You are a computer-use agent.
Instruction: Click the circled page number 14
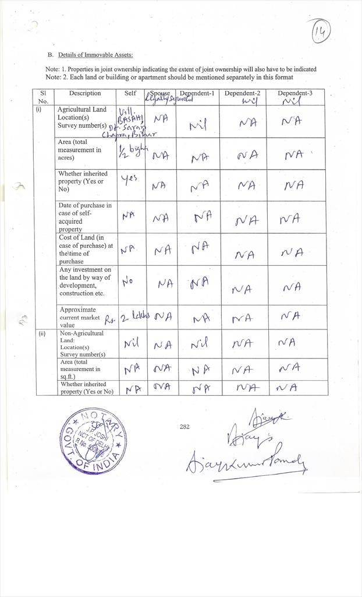coord(320,32)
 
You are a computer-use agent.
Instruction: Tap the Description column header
coord(85,93)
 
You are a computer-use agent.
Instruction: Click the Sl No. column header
coord(43,97)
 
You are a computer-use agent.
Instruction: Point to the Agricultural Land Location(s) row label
coord(82,117)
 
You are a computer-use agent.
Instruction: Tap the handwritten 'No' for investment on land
coord(128,282)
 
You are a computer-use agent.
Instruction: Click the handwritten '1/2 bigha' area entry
coord(130,152)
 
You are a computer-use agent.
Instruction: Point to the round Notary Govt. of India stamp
coord(93,440)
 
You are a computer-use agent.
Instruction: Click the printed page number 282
coord(184,427)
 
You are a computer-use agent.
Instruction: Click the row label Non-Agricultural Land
coord(82,336)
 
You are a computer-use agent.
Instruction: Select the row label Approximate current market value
coord(81,317)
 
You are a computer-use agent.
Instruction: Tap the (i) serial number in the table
coord(39,109)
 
